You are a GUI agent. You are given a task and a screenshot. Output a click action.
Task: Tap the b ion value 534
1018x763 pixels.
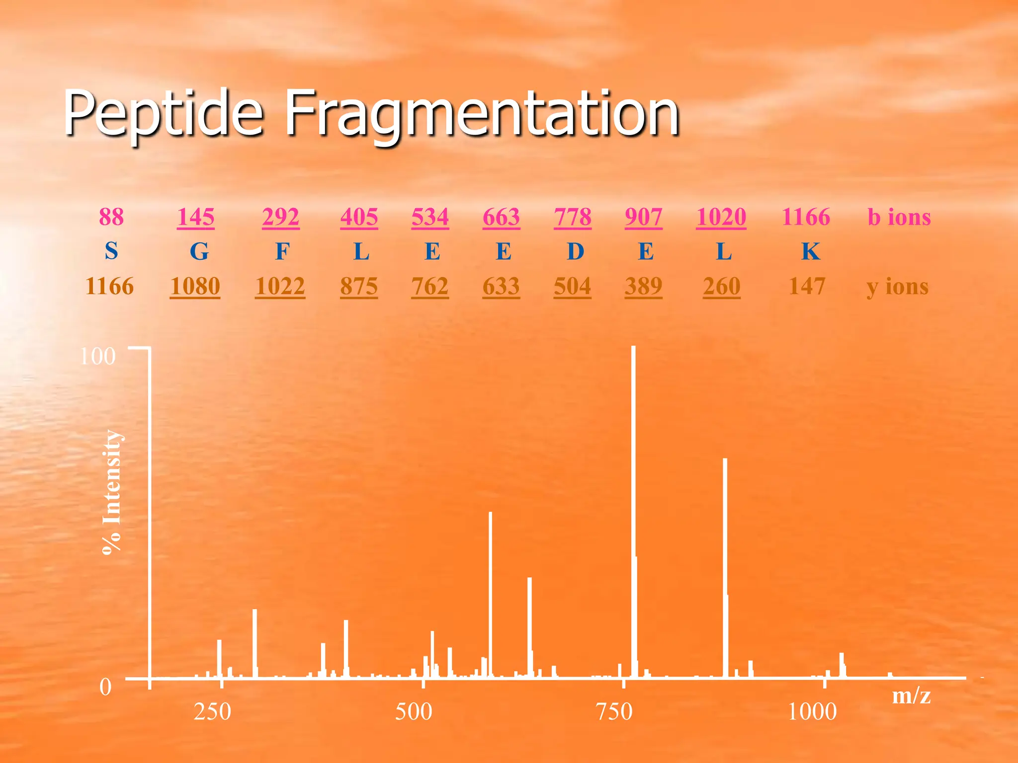430,217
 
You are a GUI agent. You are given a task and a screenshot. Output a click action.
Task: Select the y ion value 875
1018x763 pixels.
359,286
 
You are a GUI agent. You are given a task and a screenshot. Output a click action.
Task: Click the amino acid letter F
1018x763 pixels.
282,251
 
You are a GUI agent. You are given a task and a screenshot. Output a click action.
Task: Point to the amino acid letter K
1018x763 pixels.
810,251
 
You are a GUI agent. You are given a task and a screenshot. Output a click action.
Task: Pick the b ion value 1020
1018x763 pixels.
721,217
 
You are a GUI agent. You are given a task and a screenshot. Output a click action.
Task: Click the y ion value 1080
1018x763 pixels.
195,286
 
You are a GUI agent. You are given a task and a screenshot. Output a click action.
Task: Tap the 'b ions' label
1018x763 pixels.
899,217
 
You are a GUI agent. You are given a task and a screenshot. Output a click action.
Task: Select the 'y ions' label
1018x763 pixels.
897,287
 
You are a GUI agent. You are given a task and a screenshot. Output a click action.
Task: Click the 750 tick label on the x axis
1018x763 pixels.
614,712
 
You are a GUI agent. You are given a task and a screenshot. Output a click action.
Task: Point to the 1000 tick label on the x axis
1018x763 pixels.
812,712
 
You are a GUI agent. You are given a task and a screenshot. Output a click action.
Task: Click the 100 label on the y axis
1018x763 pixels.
97,356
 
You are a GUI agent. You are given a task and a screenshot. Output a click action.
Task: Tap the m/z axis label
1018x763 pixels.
911,695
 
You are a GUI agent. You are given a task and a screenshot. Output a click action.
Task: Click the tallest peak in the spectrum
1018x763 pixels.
633,497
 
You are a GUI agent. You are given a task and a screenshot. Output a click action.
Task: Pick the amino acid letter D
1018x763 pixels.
575,251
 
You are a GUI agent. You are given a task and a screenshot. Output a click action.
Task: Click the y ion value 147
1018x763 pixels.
807,286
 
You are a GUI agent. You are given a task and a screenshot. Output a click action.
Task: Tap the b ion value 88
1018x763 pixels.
111,217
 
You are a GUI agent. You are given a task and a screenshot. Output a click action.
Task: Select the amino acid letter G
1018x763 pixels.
199,251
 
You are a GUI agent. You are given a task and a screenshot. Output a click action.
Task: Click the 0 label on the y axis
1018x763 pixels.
105,687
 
